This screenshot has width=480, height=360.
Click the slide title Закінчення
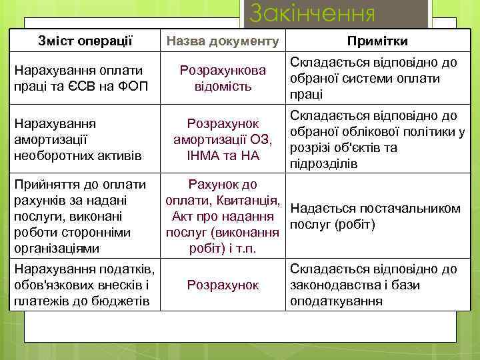(x=312, y=14)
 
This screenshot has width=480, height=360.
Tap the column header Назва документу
(x=223, y=41)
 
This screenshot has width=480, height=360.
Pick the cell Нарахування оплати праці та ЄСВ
(x=79, y=78)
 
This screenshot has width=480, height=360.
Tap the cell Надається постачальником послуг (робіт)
(x=375, y=216)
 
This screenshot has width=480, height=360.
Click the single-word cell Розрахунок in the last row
(x=223, y=285)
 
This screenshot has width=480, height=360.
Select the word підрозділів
(x=324, y=164)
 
